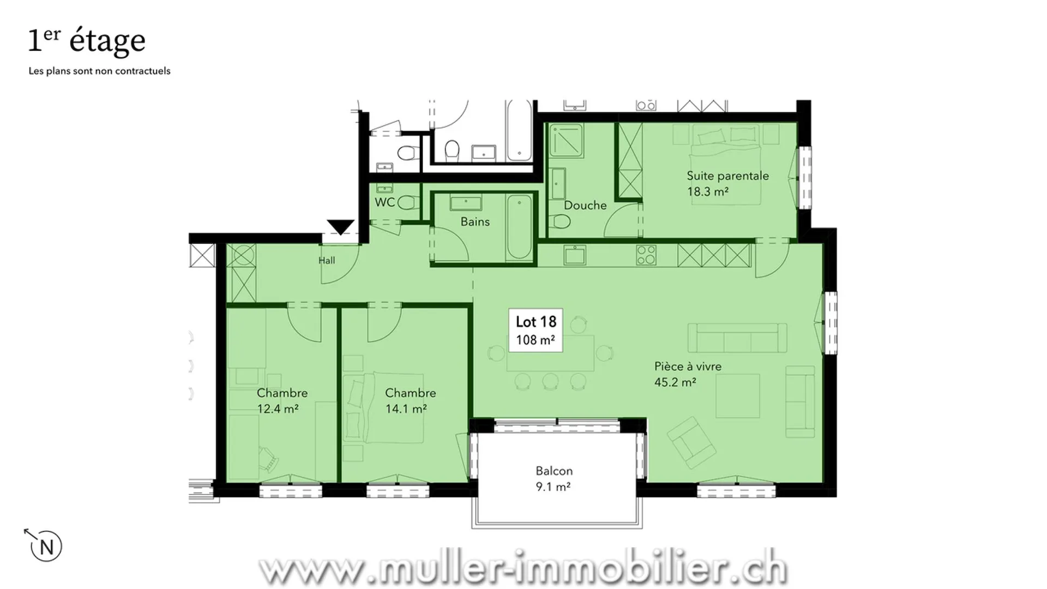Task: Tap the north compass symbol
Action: tap(45, 546)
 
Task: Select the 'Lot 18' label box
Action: tap(535, 330)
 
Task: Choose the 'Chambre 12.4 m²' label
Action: tap(282, 400)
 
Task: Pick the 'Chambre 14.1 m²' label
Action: tap(410, 400)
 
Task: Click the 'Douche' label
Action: tap(585, 205)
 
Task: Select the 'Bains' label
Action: tap(475, 221)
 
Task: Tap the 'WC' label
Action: tap(384, 202)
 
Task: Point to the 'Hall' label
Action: tap(327, 260)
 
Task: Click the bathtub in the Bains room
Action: tap(519, 227)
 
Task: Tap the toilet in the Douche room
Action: tap(559, 221)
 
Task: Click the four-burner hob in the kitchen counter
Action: tap(646, 255)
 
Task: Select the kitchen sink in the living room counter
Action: tap(575, 255)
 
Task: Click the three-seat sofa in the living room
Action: tap(737, 338)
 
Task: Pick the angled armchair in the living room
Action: tap(691, 442)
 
